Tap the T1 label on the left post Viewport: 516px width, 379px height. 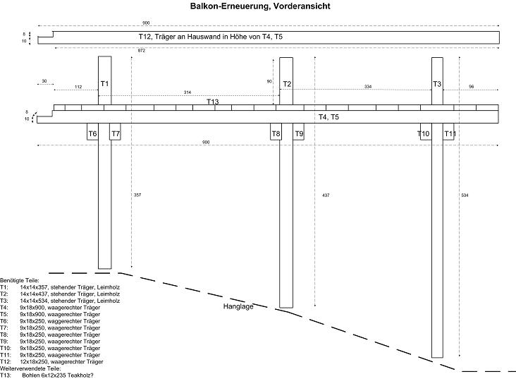click(x=104, y=84)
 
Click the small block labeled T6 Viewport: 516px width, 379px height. click(x=92, y=133)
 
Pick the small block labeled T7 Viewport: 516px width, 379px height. click(x=116, y=133)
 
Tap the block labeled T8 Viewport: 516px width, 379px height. click(x=276, y=133)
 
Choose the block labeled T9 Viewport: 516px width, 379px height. click(x=299, y=133)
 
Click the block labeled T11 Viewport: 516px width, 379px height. click(x=450, y=133)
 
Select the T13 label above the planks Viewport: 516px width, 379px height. click(x=212, y=102)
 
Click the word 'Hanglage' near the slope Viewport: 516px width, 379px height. click(x=238, y=307)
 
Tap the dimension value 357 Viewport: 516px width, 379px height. click(x=137, y=194)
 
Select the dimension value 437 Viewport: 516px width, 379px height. click(x=325, y=194)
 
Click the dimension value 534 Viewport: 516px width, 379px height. click(x=464, y=194)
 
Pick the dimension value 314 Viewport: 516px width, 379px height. click(x=187, y=92)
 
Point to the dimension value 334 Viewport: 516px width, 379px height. click(x=367, y=87)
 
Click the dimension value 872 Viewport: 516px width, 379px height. click(x=142, y=51)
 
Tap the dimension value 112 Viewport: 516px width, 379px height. click(x=78, y=87)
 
